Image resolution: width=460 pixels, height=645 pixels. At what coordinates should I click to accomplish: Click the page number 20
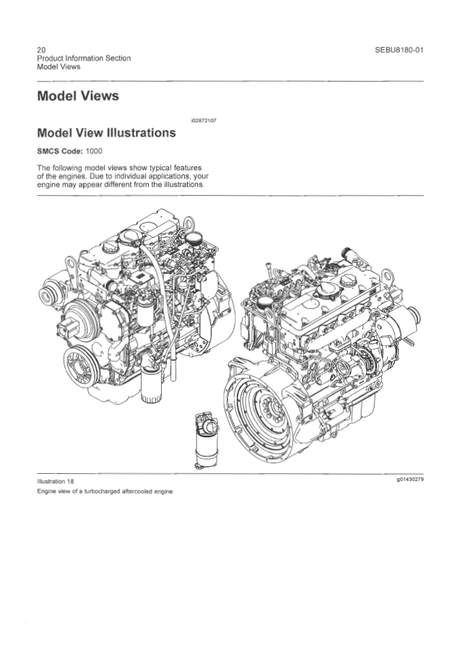coord(41,50)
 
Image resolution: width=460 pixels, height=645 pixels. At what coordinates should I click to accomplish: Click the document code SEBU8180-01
coord(399,50)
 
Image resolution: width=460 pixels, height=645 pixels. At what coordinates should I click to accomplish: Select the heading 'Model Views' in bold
coord(78,96)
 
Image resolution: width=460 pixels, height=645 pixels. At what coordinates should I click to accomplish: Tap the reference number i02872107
coord(204,121)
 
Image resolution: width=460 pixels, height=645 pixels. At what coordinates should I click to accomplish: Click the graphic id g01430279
coord(410,480)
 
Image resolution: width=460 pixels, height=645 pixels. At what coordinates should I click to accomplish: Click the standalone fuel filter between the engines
coord(206,440)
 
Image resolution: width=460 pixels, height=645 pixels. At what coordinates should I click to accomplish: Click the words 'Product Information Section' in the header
coord(84,59)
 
